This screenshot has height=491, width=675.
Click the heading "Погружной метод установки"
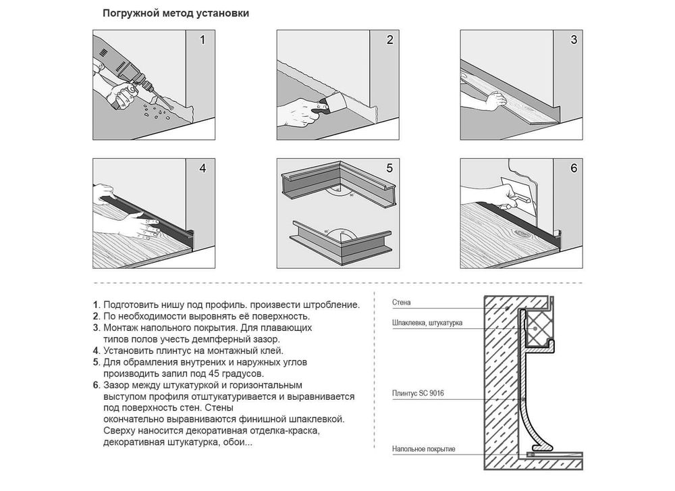[x=175, y=14]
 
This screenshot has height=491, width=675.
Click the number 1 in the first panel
[x=202, y=40]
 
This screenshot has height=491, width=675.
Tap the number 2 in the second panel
[x=389, y=40]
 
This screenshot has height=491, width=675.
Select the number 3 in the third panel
[x=573, y=40]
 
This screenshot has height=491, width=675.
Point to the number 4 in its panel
[x=202, y=168]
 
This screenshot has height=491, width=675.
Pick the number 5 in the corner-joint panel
[x=389, y=168]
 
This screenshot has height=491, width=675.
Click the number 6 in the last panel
[x=573, y=168]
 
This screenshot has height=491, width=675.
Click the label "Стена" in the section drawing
[x=401, y=303]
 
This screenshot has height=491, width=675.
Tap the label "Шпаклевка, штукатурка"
[x=427, y=323]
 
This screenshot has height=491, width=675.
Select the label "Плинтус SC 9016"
[x=418, y=393]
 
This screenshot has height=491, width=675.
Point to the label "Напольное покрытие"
[x=423, y=449]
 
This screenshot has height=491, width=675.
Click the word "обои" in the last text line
[x=242, y=442]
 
